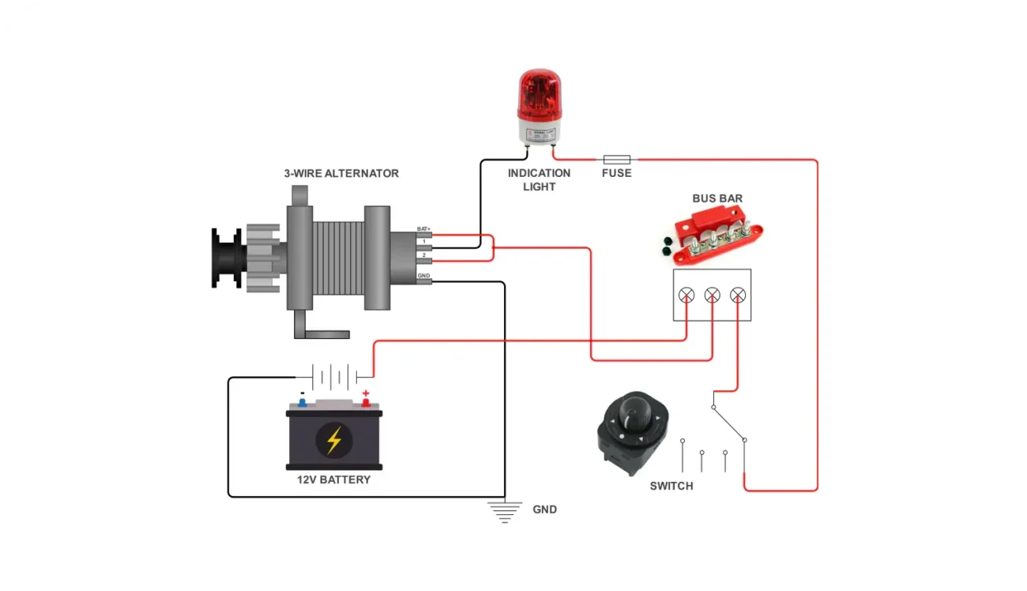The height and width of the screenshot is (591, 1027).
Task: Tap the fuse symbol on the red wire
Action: point(616,159)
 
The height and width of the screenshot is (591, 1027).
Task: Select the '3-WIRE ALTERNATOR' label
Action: point(341,173)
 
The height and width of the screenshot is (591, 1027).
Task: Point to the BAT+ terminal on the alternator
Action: point(424,234)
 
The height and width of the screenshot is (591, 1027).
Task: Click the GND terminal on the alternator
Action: point(424,281)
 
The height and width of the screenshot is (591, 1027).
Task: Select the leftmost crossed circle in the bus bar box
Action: point(687,295)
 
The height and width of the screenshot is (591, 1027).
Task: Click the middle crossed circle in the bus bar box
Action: point(712,295)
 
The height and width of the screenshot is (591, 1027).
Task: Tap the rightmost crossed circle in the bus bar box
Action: point(738,295)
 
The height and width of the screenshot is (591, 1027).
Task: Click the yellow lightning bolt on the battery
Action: point(334,440)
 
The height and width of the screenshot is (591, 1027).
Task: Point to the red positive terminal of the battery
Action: point(366,401)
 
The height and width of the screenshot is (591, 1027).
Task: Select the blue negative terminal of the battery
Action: point(302,401)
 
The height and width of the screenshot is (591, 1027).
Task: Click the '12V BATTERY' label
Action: point(333,480)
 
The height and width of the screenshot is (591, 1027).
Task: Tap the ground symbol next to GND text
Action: point(505,511)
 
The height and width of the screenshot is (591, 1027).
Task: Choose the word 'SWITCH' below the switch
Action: point(671,486)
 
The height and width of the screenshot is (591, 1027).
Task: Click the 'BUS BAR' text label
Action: point(717,198)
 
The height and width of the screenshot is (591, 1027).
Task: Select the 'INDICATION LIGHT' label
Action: point(539,180)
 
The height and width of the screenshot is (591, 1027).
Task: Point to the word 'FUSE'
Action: point(616,173)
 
